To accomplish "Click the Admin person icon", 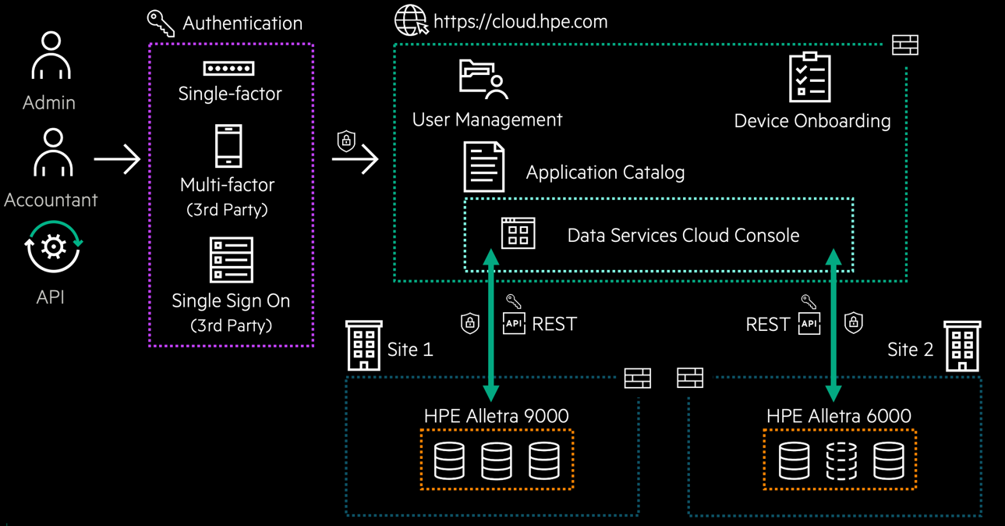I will pos(51,55).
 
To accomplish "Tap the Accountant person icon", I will pos(52,153).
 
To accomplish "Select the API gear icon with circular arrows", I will pos(52,247).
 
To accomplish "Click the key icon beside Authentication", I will pos(161,23).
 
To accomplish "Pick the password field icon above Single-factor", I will pos(228,69).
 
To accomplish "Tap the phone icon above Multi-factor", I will pos(228,146).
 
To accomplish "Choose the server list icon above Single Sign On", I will pos(232,260).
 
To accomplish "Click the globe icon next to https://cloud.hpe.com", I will pos(411,20).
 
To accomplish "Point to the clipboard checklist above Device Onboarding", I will pos(809,77).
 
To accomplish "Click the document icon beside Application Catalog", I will pos(483,166).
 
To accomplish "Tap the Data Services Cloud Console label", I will pos(683,236).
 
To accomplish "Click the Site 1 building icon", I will pos(363,345).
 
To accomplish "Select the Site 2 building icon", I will pos(962,345).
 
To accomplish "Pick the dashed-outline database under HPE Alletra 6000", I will pos(841,460).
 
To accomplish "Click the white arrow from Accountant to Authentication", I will pos(117,160).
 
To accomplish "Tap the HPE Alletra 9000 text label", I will pos(496,416).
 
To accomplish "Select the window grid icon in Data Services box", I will pos(518,233).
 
